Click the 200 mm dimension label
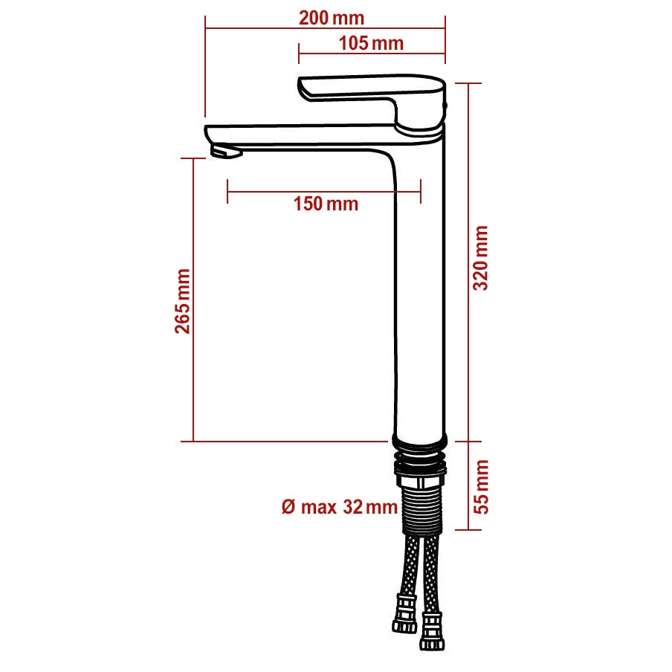coord(332,19)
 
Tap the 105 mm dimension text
coord(371,43)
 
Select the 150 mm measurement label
coord(326,204)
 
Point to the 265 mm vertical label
coord(183,301)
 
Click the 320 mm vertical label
coord(481,257)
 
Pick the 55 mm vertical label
coord(481,486)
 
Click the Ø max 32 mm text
coord(340,508)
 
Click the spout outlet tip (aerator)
coord(226,152)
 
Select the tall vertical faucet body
coord(418,297)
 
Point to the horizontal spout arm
coord(297,136)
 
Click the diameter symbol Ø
coord(288,508)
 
